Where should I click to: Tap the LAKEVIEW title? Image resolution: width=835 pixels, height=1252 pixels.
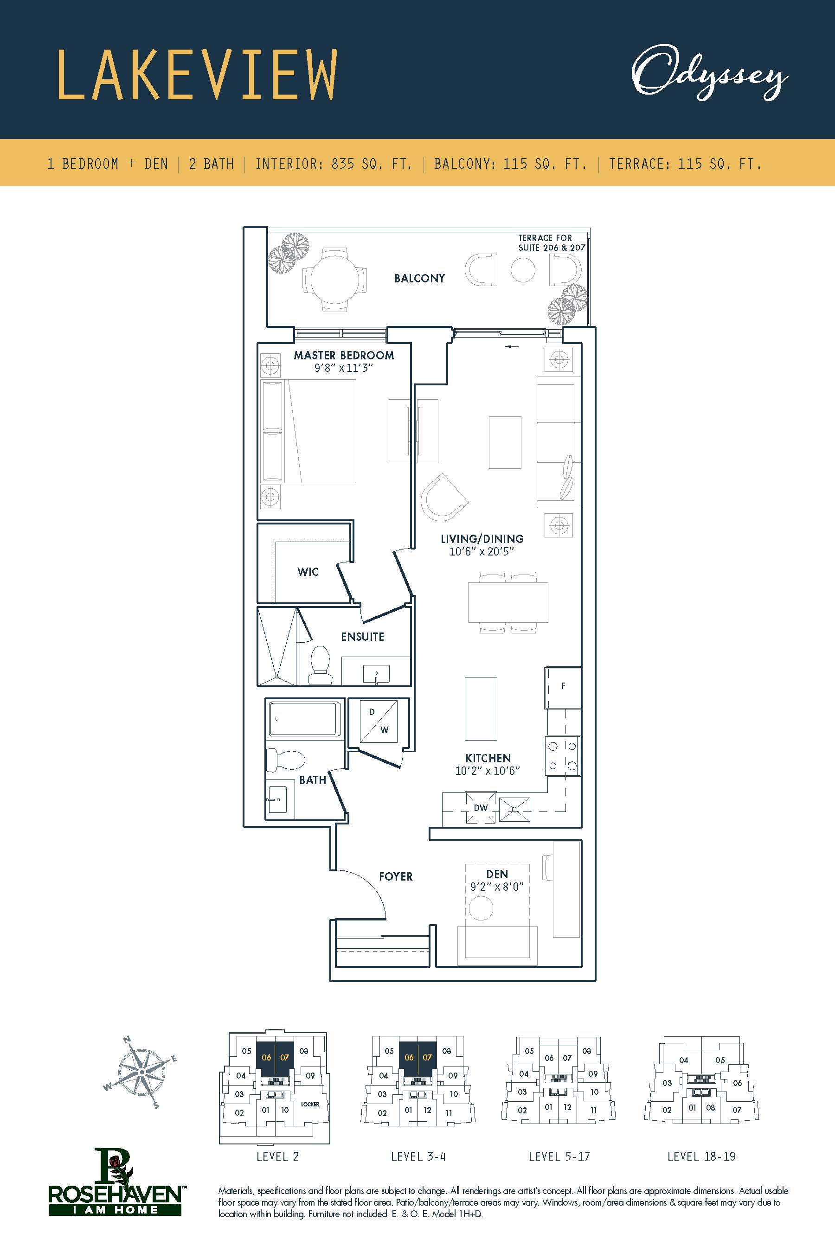(x=197, y=75)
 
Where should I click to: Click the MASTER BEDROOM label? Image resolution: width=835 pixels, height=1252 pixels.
(x=344, y=355)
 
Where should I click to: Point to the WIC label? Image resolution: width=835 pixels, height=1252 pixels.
(x=308, y=572)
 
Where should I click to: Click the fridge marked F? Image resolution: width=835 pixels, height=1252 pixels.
(x=562, y=687)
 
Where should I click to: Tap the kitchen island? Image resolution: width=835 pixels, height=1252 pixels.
(x=481, y=709)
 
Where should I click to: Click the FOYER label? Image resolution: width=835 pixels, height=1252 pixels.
(x=396, y=876)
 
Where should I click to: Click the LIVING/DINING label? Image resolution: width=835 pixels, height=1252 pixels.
(x=482, y=539)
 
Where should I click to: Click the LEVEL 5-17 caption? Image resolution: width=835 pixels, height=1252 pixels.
(x=559, y=1156)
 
